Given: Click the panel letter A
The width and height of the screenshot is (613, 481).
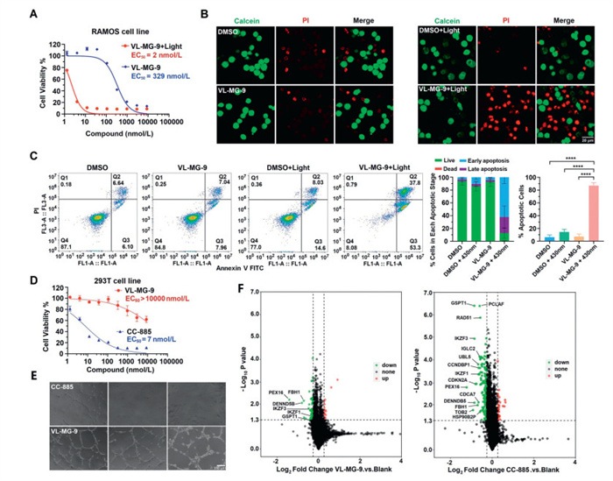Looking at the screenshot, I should point(33,14).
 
